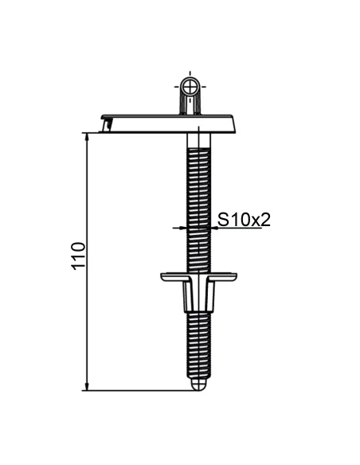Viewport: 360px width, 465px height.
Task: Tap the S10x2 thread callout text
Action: (244, 218)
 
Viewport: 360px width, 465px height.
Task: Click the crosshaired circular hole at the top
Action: (191, 86)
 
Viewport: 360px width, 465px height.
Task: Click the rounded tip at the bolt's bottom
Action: (198, 385)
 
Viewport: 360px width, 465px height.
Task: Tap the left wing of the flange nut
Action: (171, 276)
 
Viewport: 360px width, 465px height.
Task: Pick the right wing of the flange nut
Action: (226, 276)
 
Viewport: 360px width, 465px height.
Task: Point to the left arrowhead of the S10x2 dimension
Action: (184, 227)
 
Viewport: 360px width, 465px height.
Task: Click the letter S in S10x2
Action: (223, 218)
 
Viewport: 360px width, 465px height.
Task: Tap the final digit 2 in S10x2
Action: (264, 218)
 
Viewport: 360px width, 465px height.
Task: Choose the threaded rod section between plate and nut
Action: (198, 199)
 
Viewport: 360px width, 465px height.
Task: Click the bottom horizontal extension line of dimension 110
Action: (135, 390)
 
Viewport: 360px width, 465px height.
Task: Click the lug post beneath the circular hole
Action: (191, 104)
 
